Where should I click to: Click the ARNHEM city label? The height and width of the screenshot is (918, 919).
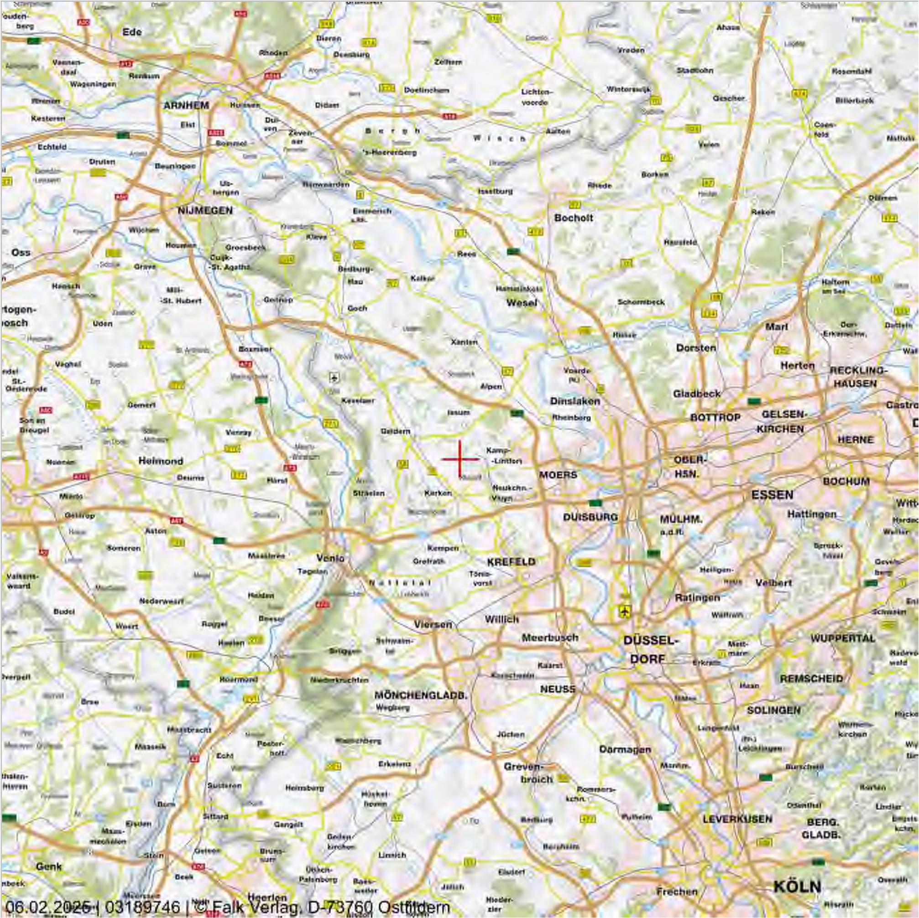186,105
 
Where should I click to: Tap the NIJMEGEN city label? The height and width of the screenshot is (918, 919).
205,210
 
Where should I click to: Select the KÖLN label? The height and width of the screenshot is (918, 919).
797,886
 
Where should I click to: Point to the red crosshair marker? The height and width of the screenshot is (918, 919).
460,459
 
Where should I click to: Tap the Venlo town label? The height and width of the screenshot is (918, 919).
330,558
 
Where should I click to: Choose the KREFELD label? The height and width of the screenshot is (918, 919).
512,561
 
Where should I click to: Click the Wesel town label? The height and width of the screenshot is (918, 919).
522,303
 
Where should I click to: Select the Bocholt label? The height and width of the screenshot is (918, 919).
574,218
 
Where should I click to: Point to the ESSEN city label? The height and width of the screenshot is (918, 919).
772,495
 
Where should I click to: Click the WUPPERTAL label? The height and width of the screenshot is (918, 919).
842,638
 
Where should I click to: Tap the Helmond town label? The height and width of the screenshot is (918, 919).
161,461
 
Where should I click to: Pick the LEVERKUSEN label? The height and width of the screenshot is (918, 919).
737,819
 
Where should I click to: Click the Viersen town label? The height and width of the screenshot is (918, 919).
433,624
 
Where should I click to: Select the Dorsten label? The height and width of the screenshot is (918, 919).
696,347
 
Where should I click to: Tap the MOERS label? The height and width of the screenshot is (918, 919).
558,474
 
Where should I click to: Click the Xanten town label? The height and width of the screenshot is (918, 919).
464,342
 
